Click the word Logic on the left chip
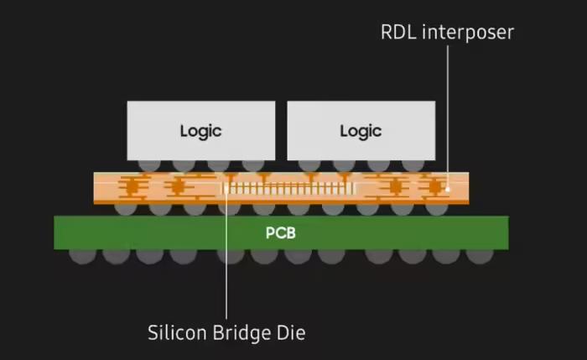click(x=200, y=131)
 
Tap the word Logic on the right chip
click(x=361, y=131)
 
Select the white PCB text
click(x=280, y=232)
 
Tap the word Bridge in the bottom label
click(x=245, y=332)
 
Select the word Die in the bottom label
click(x=290, y=332)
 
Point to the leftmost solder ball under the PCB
click(x=82, y=254)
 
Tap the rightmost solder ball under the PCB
click(x=481, y=254)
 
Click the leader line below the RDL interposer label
click(x=448, y=109)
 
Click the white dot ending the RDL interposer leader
click(x=448, y=189)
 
